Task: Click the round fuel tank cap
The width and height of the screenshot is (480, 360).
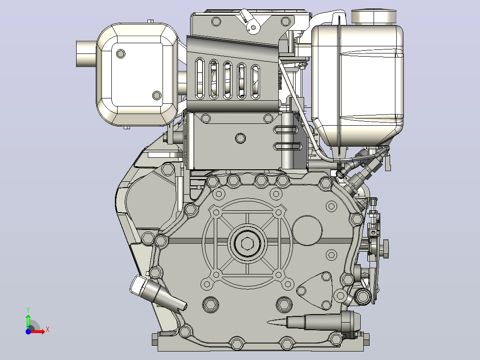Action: pos(374,16)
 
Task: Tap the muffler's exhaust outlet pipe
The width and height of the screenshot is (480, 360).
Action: pos(86,54)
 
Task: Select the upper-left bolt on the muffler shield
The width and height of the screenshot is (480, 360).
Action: pos(121,53)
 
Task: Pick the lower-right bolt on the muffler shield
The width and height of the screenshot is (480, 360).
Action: pos(157,95)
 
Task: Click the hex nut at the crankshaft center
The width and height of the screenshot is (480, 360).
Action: pos(247,244)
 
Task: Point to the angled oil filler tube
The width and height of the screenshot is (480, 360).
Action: pos(157,294)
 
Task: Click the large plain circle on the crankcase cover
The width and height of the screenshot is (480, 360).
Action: pos(307,230)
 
